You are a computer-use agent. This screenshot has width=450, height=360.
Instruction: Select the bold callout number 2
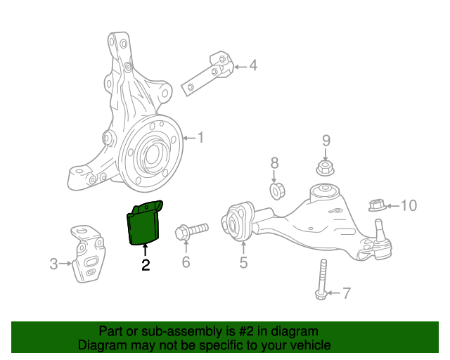(x=146, y=265)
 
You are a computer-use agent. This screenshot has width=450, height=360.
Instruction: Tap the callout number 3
(x=53, y=264)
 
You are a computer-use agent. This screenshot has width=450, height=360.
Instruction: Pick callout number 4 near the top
(x=252, y=67)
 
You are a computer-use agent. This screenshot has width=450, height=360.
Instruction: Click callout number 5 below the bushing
(x=243, y=263)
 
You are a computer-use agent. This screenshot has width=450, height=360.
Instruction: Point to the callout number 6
(x=186, y=262)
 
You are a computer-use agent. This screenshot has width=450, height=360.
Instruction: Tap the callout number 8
(x=275, y=162)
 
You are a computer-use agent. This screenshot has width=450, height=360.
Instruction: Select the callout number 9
(x=326, y=141)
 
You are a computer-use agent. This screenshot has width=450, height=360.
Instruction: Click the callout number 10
(x=409, y=205)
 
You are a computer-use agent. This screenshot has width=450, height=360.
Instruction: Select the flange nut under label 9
(x=326, y=169)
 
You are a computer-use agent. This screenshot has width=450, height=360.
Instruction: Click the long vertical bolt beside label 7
(x=322, y=280)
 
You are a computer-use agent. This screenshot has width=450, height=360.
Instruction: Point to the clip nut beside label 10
(x=377, y=205)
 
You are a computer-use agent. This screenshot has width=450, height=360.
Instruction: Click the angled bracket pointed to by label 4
(x=210, y=72)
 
